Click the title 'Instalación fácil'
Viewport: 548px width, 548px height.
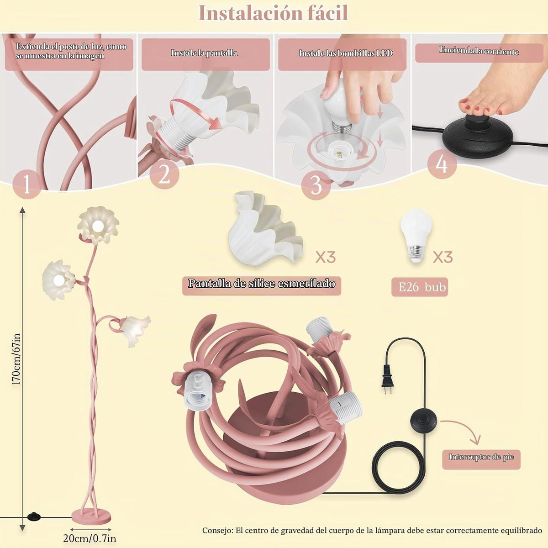[273, 13]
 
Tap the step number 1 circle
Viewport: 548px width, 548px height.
[27, 184]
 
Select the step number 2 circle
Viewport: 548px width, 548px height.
[164, 174]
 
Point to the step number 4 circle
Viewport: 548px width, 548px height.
[442, 164]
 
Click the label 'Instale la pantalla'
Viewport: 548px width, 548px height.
[204, 53]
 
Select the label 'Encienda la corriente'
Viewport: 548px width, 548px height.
[479, 51]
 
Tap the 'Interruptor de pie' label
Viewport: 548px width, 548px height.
[481, 457]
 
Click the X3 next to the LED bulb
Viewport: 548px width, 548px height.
[443, 258]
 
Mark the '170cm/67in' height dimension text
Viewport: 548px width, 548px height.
[16, 360]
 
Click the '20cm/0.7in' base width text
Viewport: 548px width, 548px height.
[90, 538]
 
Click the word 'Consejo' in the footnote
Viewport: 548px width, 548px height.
[217, 531]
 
